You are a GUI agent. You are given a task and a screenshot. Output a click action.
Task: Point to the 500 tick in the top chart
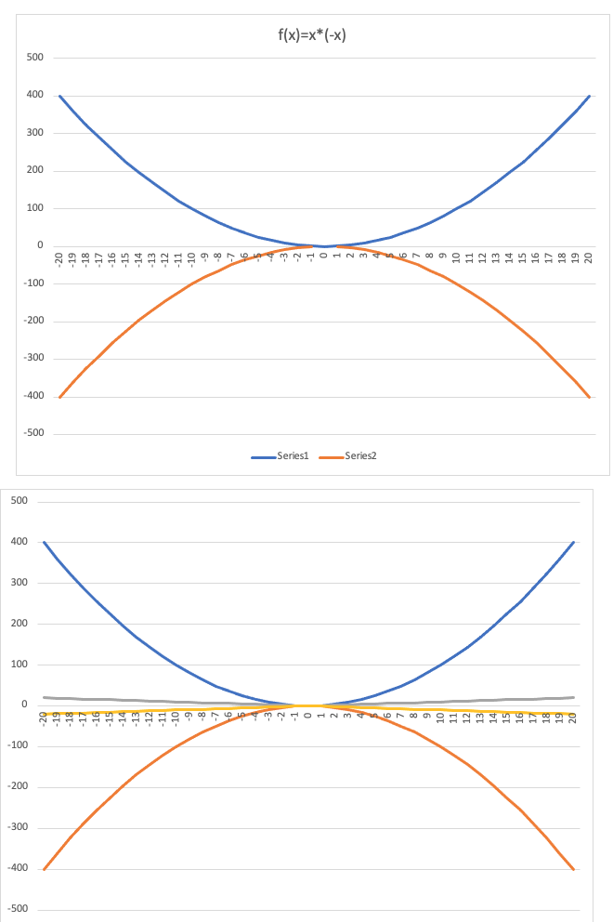pos(36,58)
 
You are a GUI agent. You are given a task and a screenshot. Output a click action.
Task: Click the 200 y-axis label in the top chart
pos(36,171)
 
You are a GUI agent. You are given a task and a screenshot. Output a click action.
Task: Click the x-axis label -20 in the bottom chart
pos(43,718)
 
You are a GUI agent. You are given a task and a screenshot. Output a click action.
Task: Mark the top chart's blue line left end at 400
pos(59,96)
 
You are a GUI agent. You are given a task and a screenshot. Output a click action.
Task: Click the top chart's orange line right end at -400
pos(590,397)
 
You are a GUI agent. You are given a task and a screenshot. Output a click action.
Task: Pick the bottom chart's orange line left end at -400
pos(44,869)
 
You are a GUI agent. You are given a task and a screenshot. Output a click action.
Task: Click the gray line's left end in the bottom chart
pos(44,697)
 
